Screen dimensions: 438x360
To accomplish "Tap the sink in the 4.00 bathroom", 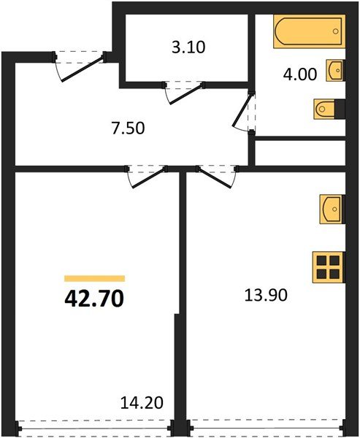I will pyautogui.click(x=335, y=70).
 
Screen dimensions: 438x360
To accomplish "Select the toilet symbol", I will pyautogui.click(x=327, y=109).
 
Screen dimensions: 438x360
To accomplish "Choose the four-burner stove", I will pyautogui.click(x=329, y=266).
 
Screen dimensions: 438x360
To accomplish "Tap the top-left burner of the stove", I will pyautogui.click(x=322, y=260).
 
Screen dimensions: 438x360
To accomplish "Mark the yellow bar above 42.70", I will pyautogui.click(x=95, y=278).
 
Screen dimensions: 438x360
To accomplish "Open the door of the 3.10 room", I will pyautogui.click(x=183, y=91).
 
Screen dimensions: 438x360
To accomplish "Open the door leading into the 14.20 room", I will pyautogui.click(x=146, y=176).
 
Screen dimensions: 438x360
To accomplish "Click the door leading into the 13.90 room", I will pyautogui.click(x=218, y=176).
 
